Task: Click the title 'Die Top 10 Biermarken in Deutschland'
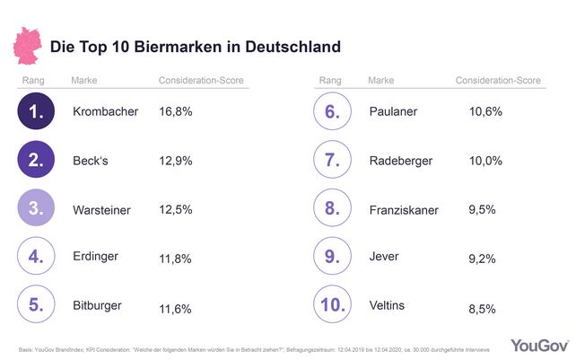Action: [x=195, y=45]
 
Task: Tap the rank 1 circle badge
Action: [x=36, y=113]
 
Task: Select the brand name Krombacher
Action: [x=105, y=113]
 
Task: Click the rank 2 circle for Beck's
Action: [x=36, y=161]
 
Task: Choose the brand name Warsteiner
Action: [x=103, y=209]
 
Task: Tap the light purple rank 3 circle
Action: [x=36, y=209]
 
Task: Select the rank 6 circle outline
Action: [x=332, y=113]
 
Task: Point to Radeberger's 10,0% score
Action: [x=485, y=161]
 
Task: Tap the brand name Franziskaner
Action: [x=404, y=209]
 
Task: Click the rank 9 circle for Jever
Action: [x=332, y=258]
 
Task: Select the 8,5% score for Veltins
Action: [x=483, y=306]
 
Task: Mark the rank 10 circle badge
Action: [x=332, y=305]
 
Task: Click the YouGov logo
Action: [x=536, y=345]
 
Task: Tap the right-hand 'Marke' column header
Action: [x=381, y=81]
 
